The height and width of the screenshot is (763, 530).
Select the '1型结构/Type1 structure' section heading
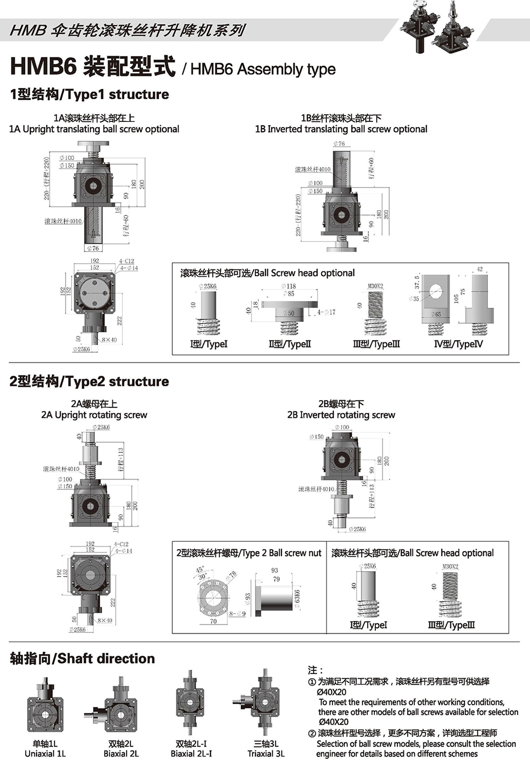pyautogui.click(x=90, y=94)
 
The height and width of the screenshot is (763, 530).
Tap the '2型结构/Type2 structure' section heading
pyautogui.click(x=90, y=381)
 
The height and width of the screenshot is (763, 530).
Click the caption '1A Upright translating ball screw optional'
pyautogui.click(x=94, y=129)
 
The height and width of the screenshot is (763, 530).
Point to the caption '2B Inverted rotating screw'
pyautogui.click(x=341, y=415)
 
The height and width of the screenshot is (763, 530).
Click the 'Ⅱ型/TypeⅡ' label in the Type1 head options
pyautogui.click(x=290, y=344)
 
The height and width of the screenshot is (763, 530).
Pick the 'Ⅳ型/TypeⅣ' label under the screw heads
pyautogui.click(x=458, y=344)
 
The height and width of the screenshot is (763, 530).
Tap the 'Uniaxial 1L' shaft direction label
pyautogui.click(x=45, y=754)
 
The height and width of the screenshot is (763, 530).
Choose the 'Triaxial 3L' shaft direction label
pyautogui.click(x=266, y=754)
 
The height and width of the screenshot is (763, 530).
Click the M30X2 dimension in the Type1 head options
pyautogui.click(x=375, y=286)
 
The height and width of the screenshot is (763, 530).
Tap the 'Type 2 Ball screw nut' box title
pyautogui.click(x=249, y=553)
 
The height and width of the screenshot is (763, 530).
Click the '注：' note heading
pyautogui.click(x=316, y=670)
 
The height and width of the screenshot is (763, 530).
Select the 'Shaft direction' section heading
pyautogui.click(x=82, y=658)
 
